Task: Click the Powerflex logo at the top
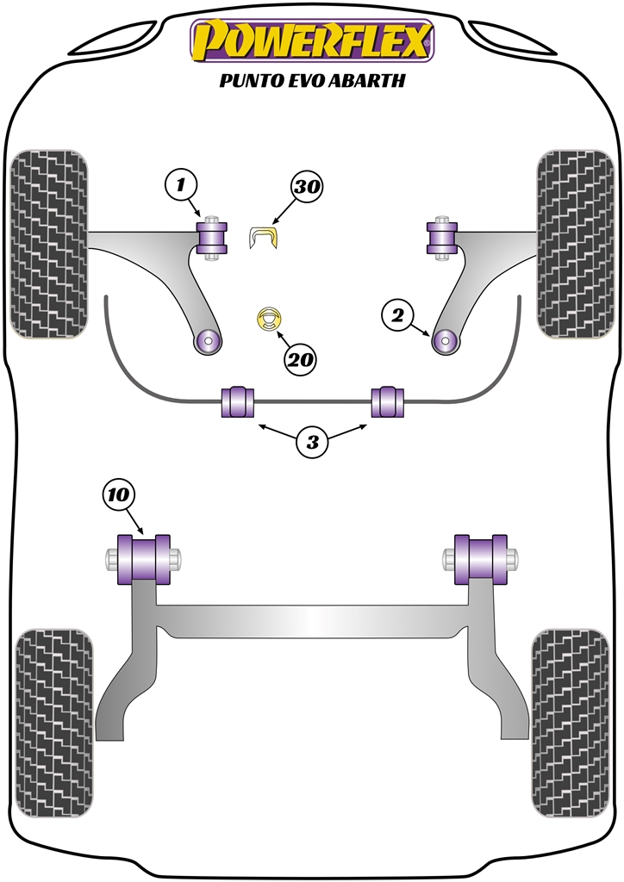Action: pos(311,40)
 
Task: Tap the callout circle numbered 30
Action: pos(309,186)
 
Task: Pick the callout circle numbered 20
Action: pos(301,359)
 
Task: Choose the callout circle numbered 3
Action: pos(312,443)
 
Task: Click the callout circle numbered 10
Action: pos(119,494)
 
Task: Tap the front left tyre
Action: pos(48,243)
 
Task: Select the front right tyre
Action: pos(575,243)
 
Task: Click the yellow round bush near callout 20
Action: pos(271,320)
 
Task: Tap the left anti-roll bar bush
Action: pos(239,401)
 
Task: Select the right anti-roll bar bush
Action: pos(387,401)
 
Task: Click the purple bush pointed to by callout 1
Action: pos(211,238)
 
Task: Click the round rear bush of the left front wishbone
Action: pos(206,340)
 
